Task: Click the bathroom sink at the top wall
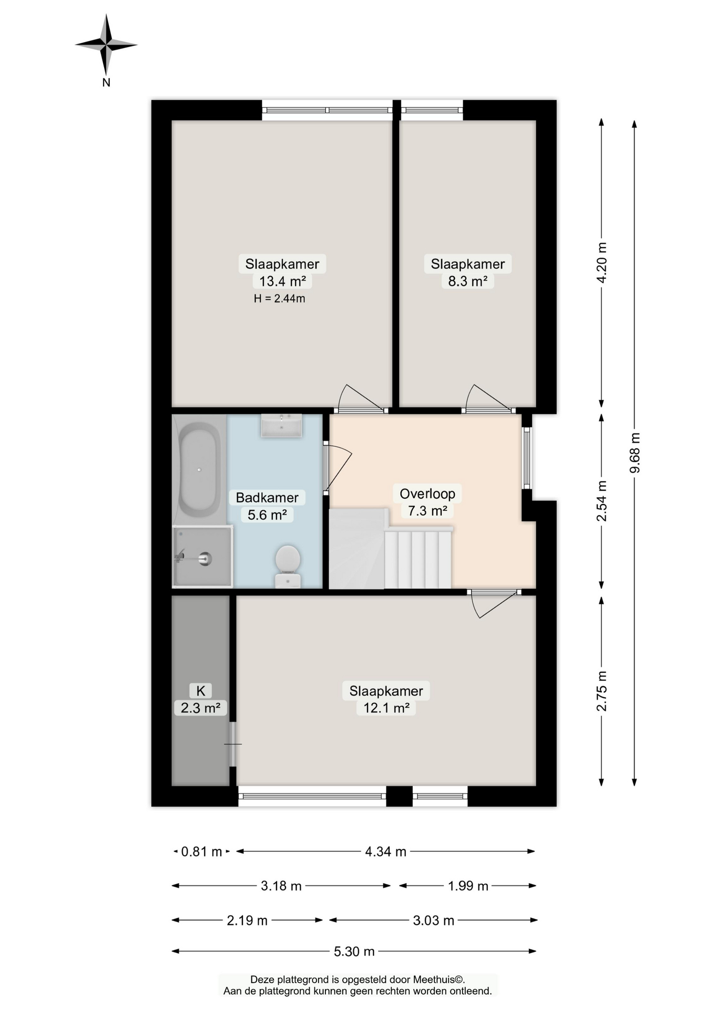point(282,425)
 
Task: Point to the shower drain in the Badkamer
point(206,559)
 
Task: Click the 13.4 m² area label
point(282,281)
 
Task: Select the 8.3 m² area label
point(467,281)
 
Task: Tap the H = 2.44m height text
point(279,299)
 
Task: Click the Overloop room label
point(427,493)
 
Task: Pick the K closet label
point(200,691)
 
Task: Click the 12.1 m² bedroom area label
point(386,708)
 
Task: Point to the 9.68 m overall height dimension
point(635,452)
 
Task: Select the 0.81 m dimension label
point(201,852)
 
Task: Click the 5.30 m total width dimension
point(354,951)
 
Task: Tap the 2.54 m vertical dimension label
point(601,500)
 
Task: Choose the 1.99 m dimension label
point(468,886)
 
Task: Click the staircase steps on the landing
point(418,559)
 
